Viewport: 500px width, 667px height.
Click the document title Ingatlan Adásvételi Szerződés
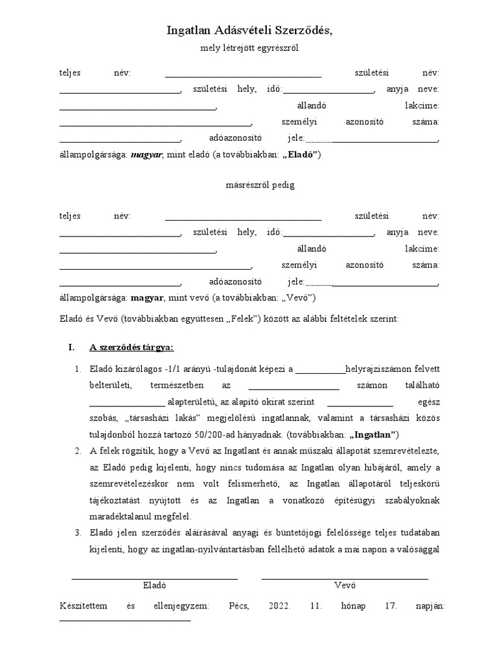coord(249,30)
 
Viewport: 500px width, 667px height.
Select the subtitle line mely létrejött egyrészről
coord(250,48)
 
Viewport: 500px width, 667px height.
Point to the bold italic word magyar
coord(146,155)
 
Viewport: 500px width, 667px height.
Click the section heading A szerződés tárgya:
coord(131,347)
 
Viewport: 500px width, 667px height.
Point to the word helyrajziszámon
coord(376,370)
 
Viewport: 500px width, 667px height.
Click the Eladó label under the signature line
coord(154,585)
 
